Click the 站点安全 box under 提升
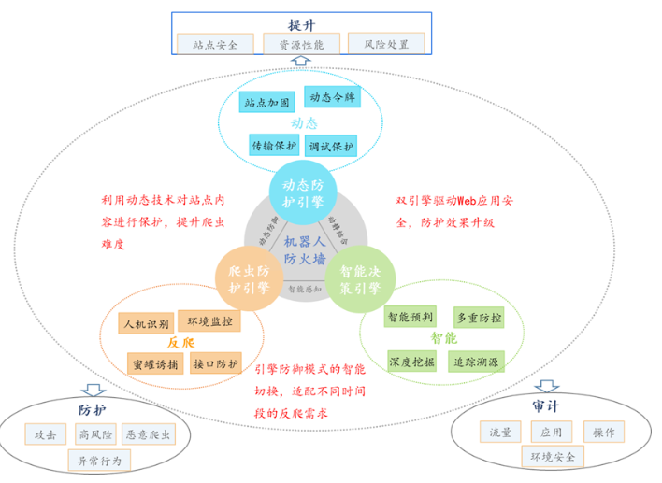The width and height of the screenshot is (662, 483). (214, 43)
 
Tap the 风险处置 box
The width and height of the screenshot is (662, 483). (386, 43)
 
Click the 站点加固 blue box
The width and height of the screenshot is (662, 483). (268, 102)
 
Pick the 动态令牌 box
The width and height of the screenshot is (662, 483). (333, 97)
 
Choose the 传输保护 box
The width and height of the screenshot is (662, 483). (273, 145)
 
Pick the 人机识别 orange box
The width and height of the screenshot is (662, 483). (146, 324)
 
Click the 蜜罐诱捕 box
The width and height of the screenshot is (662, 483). (153, 362)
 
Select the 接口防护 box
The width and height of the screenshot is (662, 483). (215, 362)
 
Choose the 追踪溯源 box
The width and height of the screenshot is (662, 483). (476, 361)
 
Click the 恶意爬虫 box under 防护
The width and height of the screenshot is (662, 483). (149, 434)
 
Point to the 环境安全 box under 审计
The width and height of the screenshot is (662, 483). (554, 456)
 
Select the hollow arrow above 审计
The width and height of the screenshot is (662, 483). (547, 386)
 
